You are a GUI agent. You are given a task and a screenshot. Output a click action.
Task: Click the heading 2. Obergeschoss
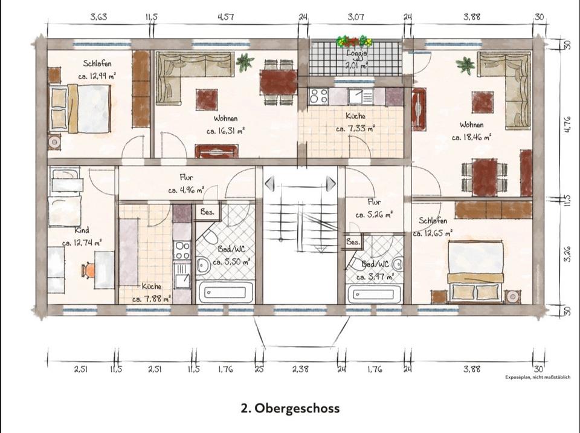coord(290,408)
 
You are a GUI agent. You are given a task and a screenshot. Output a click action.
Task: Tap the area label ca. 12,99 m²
coord(97,77)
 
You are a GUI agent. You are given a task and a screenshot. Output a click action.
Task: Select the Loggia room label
coord(356,53)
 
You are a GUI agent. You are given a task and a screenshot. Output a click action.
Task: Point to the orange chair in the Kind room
coord(90,270)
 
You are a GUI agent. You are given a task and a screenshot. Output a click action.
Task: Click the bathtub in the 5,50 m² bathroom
coord(226,292)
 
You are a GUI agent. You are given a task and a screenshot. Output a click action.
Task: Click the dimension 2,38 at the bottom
coord(300,369)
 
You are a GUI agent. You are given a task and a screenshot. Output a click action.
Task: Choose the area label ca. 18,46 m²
coord(471,137)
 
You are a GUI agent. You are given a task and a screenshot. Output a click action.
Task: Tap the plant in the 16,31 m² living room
coord(245,62)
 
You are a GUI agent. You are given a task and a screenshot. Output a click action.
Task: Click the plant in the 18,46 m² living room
coord(465,65)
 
